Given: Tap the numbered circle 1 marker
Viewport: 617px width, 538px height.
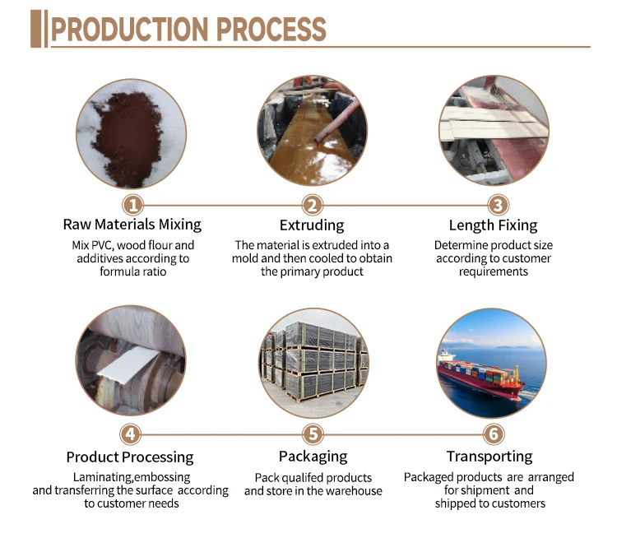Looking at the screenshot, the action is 133,205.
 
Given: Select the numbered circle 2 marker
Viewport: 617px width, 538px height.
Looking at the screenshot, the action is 313,205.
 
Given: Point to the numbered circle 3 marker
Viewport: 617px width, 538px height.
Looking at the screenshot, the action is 499,205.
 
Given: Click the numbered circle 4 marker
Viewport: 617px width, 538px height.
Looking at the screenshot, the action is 130,434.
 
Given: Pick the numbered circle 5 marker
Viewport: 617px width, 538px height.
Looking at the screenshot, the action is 313,434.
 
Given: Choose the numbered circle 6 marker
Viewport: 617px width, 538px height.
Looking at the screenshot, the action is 494,434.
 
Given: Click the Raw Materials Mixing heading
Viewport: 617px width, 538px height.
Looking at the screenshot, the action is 132,225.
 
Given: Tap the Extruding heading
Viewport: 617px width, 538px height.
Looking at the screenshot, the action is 312,225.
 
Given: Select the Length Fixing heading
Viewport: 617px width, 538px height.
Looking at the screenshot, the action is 494,225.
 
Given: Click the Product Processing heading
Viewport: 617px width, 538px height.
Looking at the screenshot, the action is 130,457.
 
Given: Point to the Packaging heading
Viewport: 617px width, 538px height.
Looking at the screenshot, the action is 313,457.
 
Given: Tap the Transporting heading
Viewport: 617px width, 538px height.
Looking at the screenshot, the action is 489,457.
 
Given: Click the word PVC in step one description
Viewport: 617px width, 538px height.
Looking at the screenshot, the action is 102,246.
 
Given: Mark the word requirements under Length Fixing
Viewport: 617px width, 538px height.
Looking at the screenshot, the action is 494,271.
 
